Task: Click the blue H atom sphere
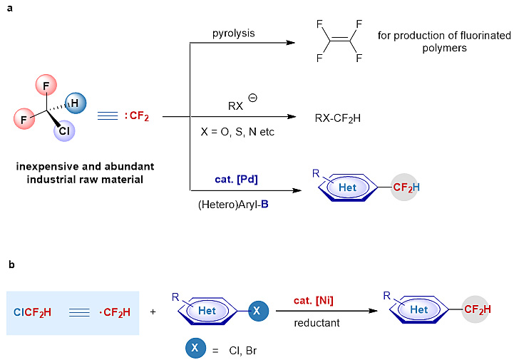click(x=76, y=104)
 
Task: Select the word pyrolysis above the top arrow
click(x=233, y=34)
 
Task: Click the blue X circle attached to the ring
click(x=258, y=311)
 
